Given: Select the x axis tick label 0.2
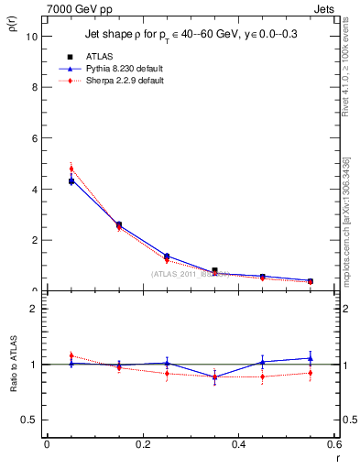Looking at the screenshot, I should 142,444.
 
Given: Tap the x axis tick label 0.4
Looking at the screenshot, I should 238,444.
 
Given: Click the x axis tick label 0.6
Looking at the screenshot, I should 333,444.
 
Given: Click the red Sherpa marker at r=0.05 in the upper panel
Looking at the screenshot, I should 71,169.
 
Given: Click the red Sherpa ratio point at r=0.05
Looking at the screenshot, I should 71,355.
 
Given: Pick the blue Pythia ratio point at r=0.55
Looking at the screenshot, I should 311,358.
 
